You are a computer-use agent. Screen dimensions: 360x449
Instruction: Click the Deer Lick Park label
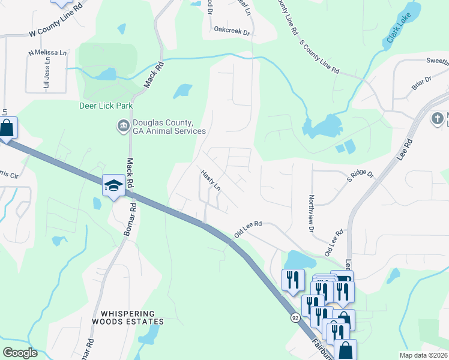pyautogui.click(x=106, y=106)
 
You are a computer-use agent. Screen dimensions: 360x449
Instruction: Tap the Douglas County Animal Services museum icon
pyautogui.click(x=123, y=126)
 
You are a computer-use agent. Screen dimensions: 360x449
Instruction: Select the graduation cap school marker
pyautogui.click(x=113, y=185)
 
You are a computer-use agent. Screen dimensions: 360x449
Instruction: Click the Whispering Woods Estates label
pyautogui.click(x=128, y=317)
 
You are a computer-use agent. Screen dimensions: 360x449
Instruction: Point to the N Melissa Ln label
pyautogui.click(x=47, y=52)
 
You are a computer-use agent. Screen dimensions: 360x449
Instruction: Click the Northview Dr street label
pyautogui.click(x=311, y=213)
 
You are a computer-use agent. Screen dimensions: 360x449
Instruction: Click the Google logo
pyautogui.click(x=20, y=352)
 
